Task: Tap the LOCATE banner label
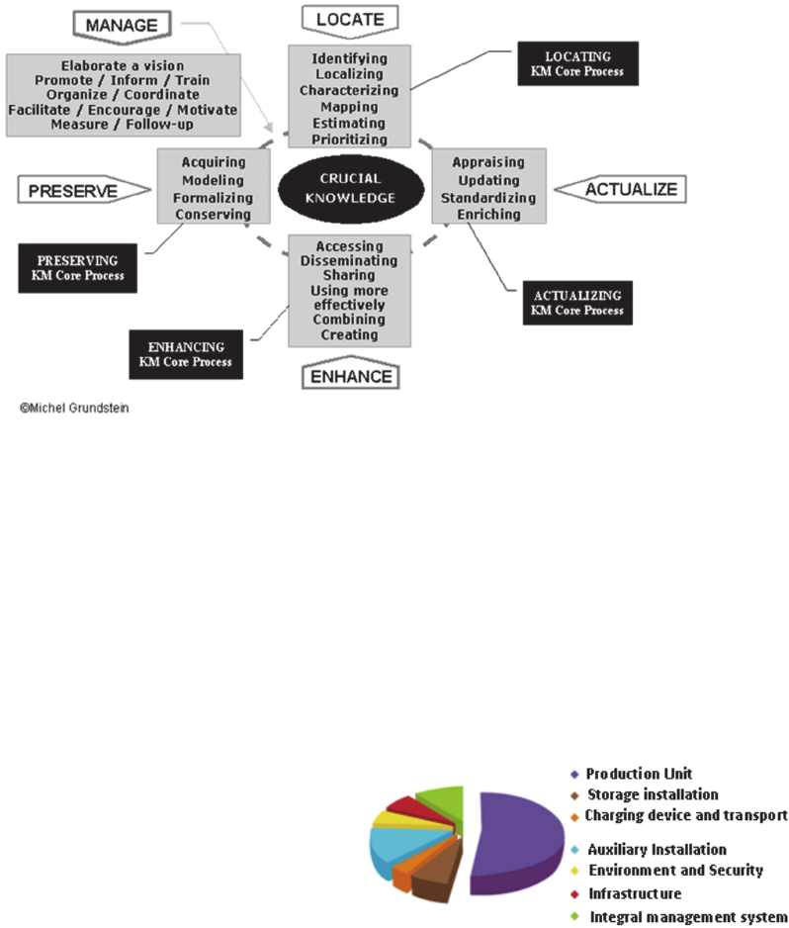pos(349,18)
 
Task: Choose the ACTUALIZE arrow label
pos(620,188)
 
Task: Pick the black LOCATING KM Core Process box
pos(577,63)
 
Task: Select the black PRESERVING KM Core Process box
pos(77,268)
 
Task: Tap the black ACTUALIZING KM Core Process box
pos(578,303)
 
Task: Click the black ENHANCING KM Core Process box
pos(186,354)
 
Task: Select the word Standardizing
pos(488,197)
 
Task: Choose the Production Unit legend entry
pos(638,774)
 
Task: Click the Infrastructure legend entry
pos(634,894)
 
